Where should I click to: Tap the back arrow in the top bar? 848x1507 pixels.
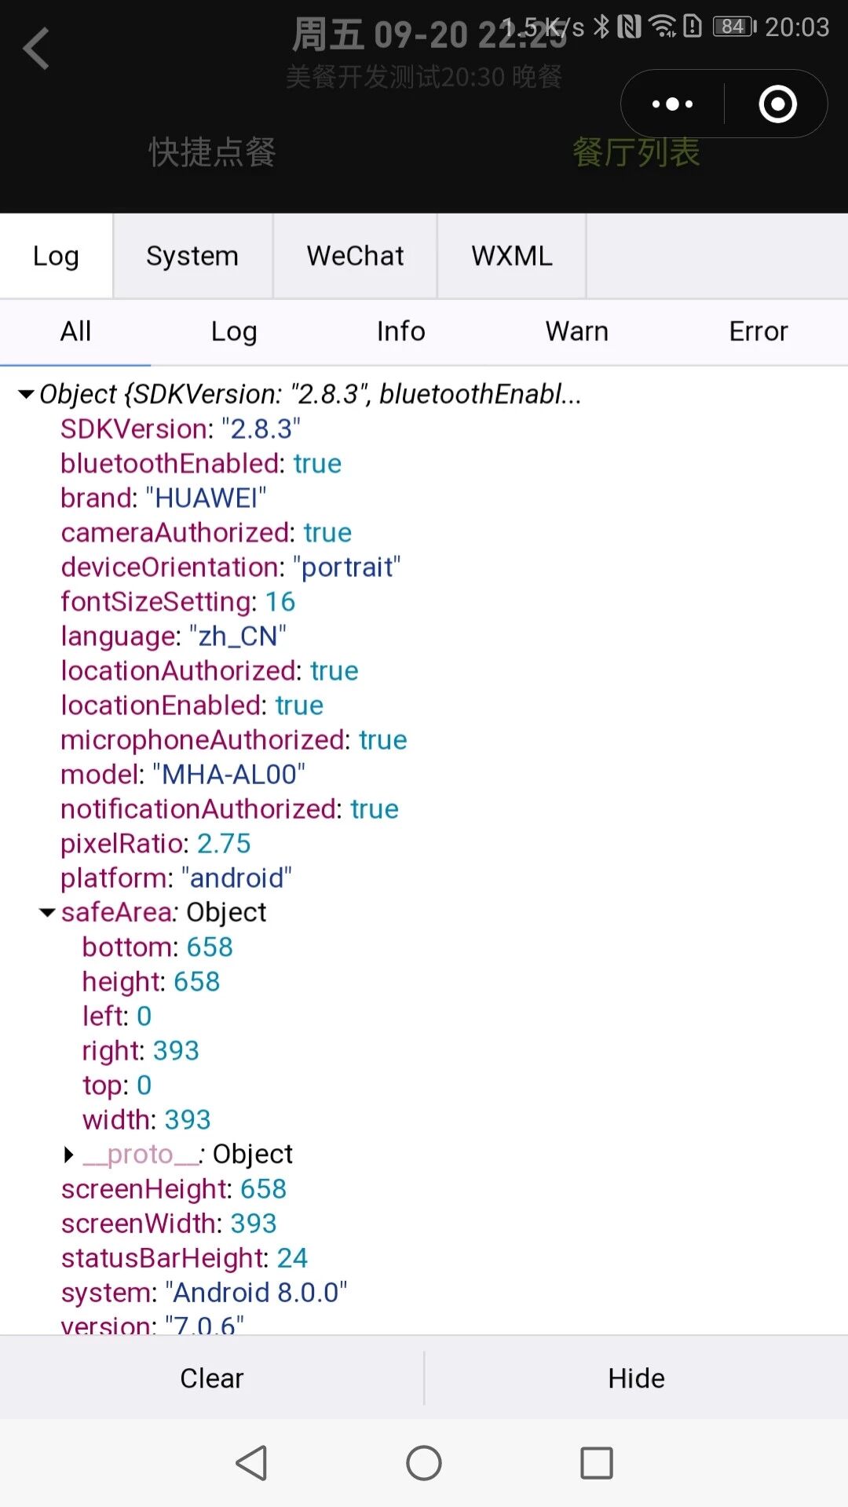click(x=36, y=49)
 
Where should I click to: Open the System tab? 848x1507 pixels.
click(x=192, y=256)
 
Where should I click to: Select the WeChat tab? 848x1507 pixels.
click(x=355, y=256)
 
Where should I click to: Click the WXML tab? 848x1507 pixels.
click(x=512, y=256)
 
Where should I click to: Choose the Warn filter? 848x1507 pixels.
click(x=577, y=331)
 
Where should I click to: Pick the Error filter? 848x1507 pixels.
click(x=758, y=331)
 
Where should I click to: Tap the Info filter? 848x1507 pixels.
click(x=400, y=331)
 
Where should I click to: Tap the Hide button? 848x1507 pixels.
click(x=636, y=1378)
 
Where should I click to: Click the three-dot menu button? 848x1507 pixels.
click(x=673, y=104)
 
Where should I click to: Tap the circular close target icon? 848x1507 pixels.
click(x=777, y=104)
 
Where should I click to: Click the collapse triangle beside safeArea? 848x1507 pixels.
click(x=47, y=913)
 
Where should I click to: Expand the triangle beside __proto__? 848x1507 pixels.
click(x=69, y=1155)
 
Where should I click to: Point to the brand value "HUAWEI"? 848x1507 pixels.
click(x=207, y=498)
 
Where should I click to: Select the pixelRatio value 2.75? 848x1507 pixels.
click(x=224, y=844)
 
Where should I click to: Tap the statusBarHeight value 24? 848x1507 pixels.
click(x=292, y=1258)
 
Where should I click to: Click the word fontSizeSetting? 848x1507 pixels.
click(x=158, y=602)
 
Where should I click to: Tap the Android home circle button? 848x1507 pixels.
click(x=424, y=1463)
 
